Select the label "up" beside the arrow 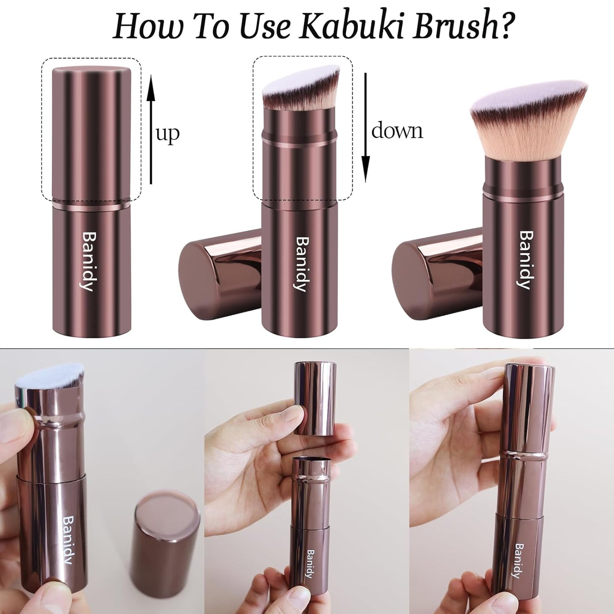click(168, 133)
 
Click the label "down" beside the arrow click(397, 130)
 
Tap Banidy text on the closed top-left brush click(88, 261)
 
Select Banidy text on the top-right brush click(526, 260)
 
